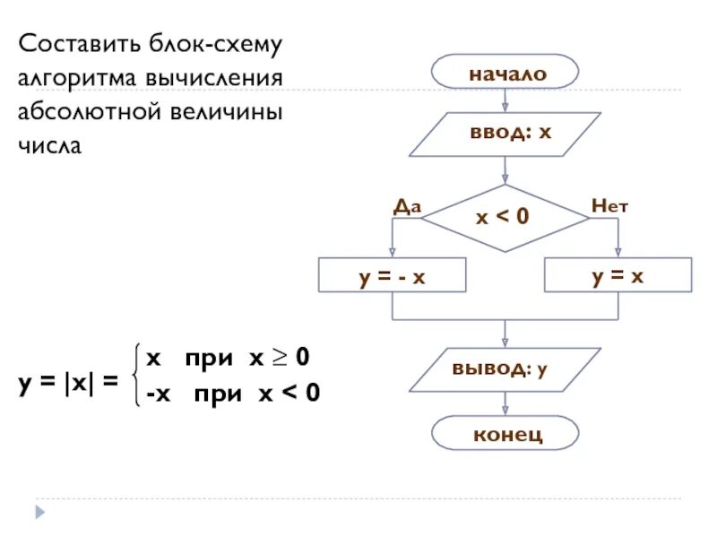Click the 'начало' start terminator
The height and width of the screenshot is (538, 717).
point(505,74)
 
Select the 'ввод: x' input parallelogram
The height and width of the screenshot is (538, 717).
point(505,134)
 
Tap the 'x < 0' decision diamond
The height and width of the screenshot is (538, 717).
point(505,218)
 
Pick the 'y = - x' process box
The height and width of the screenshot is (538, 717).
point(393,276)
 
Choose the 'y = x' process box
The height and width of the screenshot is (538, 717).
point(618,275)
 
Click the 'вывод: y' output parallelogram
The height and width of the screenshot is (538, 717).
point(505,369)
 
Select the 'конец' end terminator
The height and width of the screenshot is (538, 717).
point(505,433)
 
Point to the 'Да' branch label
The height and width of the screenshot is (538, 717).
point(407,205)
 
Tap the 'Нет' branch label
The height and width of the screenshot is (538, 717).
point(609,205)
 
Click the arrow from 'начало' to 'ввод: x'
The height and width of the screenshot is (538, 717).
point(505,101)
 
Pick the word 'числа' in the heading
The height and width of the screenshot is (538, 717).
point(50,145)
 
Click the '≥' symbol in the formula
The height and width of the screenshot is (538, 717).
point(281,358)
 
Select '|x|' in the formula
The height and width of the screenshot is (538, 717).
point(79,381)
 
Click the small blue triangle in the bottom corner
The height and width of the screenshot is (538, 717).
point(39,511)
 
